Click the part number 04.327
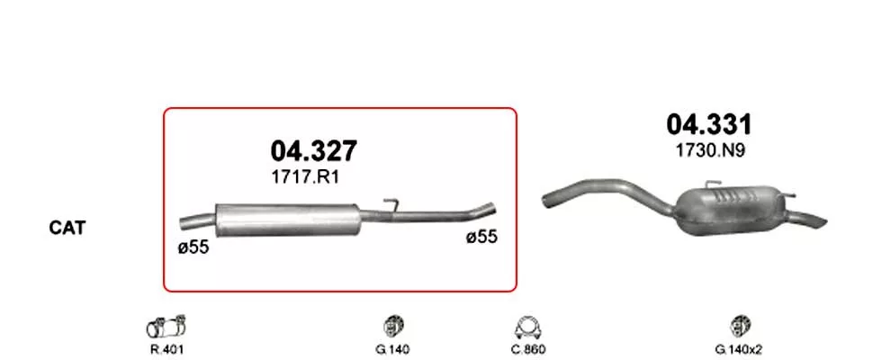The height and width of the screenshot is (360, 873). [313, 151]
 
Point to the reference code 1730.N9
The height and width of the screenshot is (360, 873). [709, 151]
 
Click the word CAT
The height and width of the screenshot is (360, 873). [67, 228]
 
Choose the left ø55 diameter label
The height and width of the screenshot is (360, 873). [193, 247]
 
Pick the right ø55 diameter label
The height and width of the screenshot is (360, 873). [481, 237]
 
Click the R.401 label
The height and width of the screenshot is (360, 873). [166, 349]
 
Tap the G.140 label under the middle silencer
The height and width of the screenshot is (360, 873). [392, 349]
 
